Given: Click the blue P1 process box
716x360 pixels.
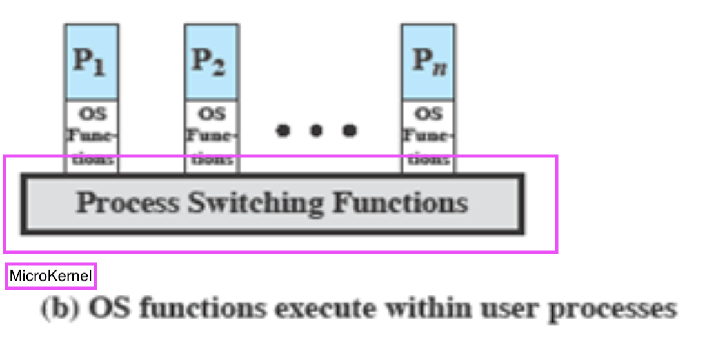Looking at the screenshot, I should tap(91, 62).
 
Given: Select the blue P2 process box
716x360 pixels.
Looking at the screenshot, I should tap(211, 62).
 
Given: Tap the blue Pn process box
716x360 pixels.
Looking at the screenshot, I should tap(428, 62).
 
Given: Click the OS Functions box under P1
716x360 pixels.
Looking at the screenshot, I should tap(91, 135).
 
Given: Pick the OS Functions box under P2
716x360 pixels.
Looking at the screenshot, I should tap(211, 135).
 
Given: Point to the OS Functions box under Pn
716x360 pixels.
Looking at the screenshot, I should tap(428, 135).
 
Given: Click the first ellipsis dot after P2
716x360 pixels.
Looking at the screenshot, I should tap(283, 131).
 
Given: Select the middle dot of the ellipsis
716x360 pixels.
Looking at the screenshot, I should tap(316, 131).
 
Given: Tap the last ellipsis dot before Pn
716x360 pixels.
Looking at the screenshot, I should tap(350, 131).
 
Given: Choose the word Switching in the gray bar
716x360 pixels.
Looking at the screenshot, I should tap(255, 204).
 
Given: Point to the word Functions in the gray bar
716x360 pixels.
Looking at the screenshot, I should tap(400, 203).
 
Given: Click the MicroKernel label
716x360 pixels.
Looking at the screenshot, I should tap(51, 277).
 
